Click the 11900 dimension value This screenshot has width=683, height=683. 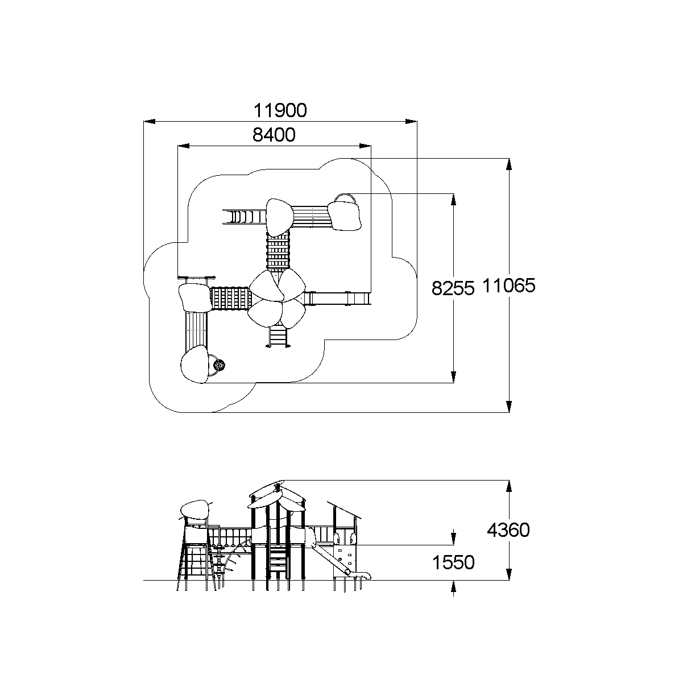tap(280, 110)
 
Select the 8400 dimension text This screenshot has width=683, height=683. tap(274, 135)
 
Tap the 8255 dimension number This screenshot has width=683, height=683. tap(453, 288)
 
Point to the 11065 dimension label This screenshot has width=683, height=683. tap(509, 285)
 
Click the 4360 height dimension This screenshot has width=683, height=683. tap(508, 530)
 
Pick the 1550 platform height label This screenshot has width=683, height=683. tap(453, 563)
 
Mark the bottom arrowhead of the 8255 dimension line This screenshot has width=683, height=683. tap(453, 378)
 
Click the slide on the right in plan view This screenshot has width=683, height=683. tap(338, 298)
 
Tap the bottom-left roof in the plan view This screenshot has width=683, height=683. tap(194, 365)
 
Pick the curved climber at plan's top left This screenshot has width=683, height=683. tap(243, 217)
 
